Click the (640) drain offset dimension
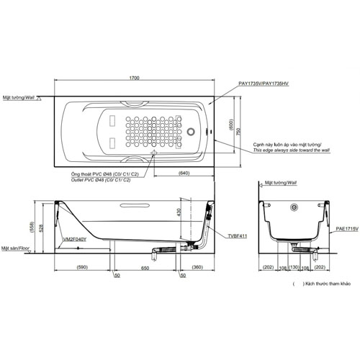(x=184, y=174)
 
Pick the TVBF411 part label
(x=237, y=235)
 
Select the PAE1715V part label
(x=346, y=228)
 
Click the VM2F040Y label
(x=74, y=238)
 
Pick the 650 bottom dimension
(x=145, y=268)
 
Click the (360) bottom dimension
(x=197, y=268)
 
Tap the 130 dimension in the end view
(x=294, y=268)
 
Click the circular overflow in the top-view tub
(x=192, y=132)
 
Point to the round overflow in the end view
(x=294, y=209)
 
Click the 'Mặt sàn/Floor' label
(x=18, y=247)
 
